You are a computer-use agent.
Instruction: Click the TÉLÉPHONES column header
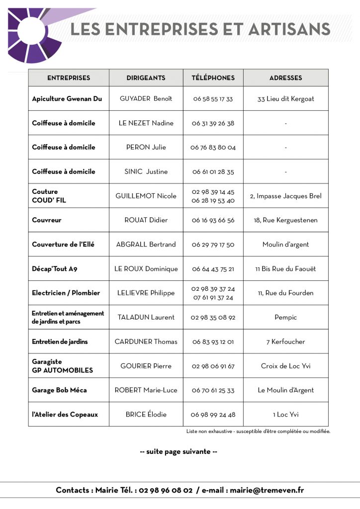[213, 78]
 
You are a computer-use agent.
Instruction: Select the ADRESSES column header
[285, 78]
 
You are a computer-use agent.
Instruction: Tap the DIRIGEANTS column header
[146, 78]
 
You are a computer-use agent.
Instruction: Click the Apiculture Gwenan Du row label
[67, 99]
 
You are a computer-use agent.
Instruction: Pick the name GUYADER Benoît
[146, 99]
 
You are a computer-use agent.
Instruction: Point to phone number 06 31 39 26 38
[213, 123]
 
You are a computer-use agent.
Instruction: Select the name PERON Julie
[146, 147]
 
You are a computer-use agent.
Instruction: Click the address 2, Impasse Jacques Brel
[285, 196]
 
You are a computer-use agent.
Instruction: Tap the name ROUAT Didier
[146, 220]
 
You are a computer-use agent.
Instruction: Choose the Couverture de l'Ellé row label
[63, 245]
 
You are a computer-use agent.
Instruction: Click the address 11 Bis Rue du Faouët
[285, 269]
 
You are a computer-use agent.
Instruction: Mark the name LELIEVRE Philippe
[146, 293]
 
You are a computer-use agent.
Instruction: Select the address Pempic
[285, 317]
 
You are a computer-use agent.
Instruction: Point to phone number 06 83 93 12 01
[213, 341]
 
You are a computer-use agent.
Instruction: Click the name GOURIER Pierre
[146, 366]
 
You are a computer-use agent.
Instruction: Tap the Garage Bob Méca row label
[59, 390]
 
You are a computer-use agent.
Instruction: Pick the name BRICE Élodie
[146, 415]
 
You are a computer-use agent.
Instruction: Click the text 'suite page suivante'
[179, 452]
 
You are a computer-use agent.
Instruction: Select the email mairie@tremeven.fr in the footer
[266, 490]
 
